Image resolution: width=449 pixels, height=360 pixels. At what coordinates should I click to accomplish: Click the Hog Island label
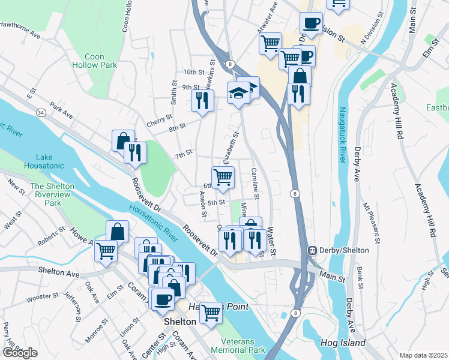[x=346, y=343]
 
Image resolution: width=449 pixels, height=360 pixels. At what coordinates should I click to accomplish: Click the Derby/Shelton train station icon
[x=312, y=250]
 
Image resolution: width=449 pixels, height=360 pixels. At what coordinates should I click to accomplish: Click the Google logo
[x=20, y=352]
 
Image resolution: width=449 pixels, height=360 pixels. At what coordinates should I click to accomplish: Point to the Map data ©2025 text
[x=424, y=355]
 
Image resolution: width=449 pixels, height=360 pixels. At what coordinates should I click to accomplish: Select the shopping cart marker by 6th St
[x=223, y=177]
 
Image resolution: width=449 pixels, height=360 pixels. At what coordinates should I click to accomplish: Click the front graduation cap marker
[x=238, y=93]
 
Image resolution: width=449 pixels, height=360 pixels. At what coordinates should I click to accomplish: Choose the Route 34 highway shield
[x=40, y=112]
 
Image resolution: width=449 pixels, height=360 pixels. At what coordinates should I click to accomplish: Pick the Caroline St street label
[x=256, y=183]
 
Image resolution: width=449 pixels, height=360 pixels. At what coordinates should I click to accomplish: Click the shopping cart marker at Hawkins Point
[x=211, y=312]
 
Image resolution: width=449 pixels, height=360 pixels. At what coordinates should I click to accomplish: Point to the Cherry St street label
[x=159, y=121]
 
